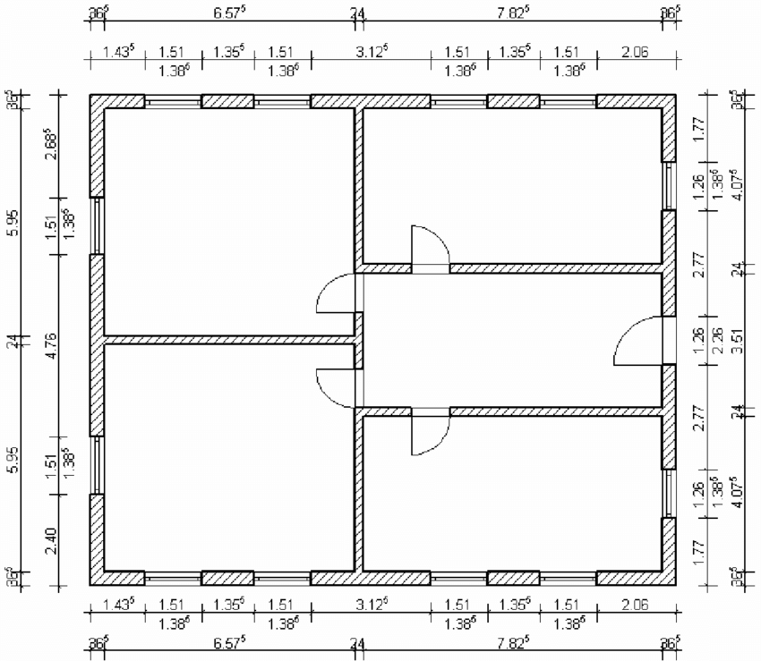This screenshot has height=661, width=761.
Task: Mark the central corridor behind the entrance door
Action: pos(510,340)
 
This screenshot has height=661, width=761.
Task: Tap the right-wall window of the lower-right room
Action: pos(668,493)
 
